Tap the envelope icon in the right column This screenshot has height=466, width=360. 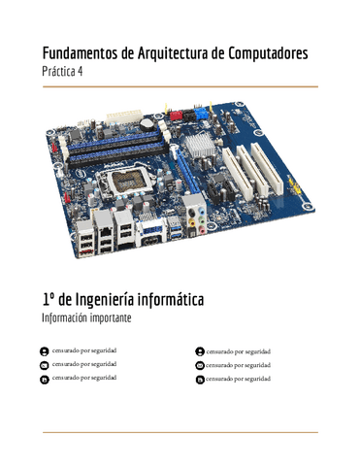pyautogui.click(x=199, y=365)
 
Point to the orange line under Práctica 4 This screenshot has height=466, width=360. pyautogui.click(x=180, y=86)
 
